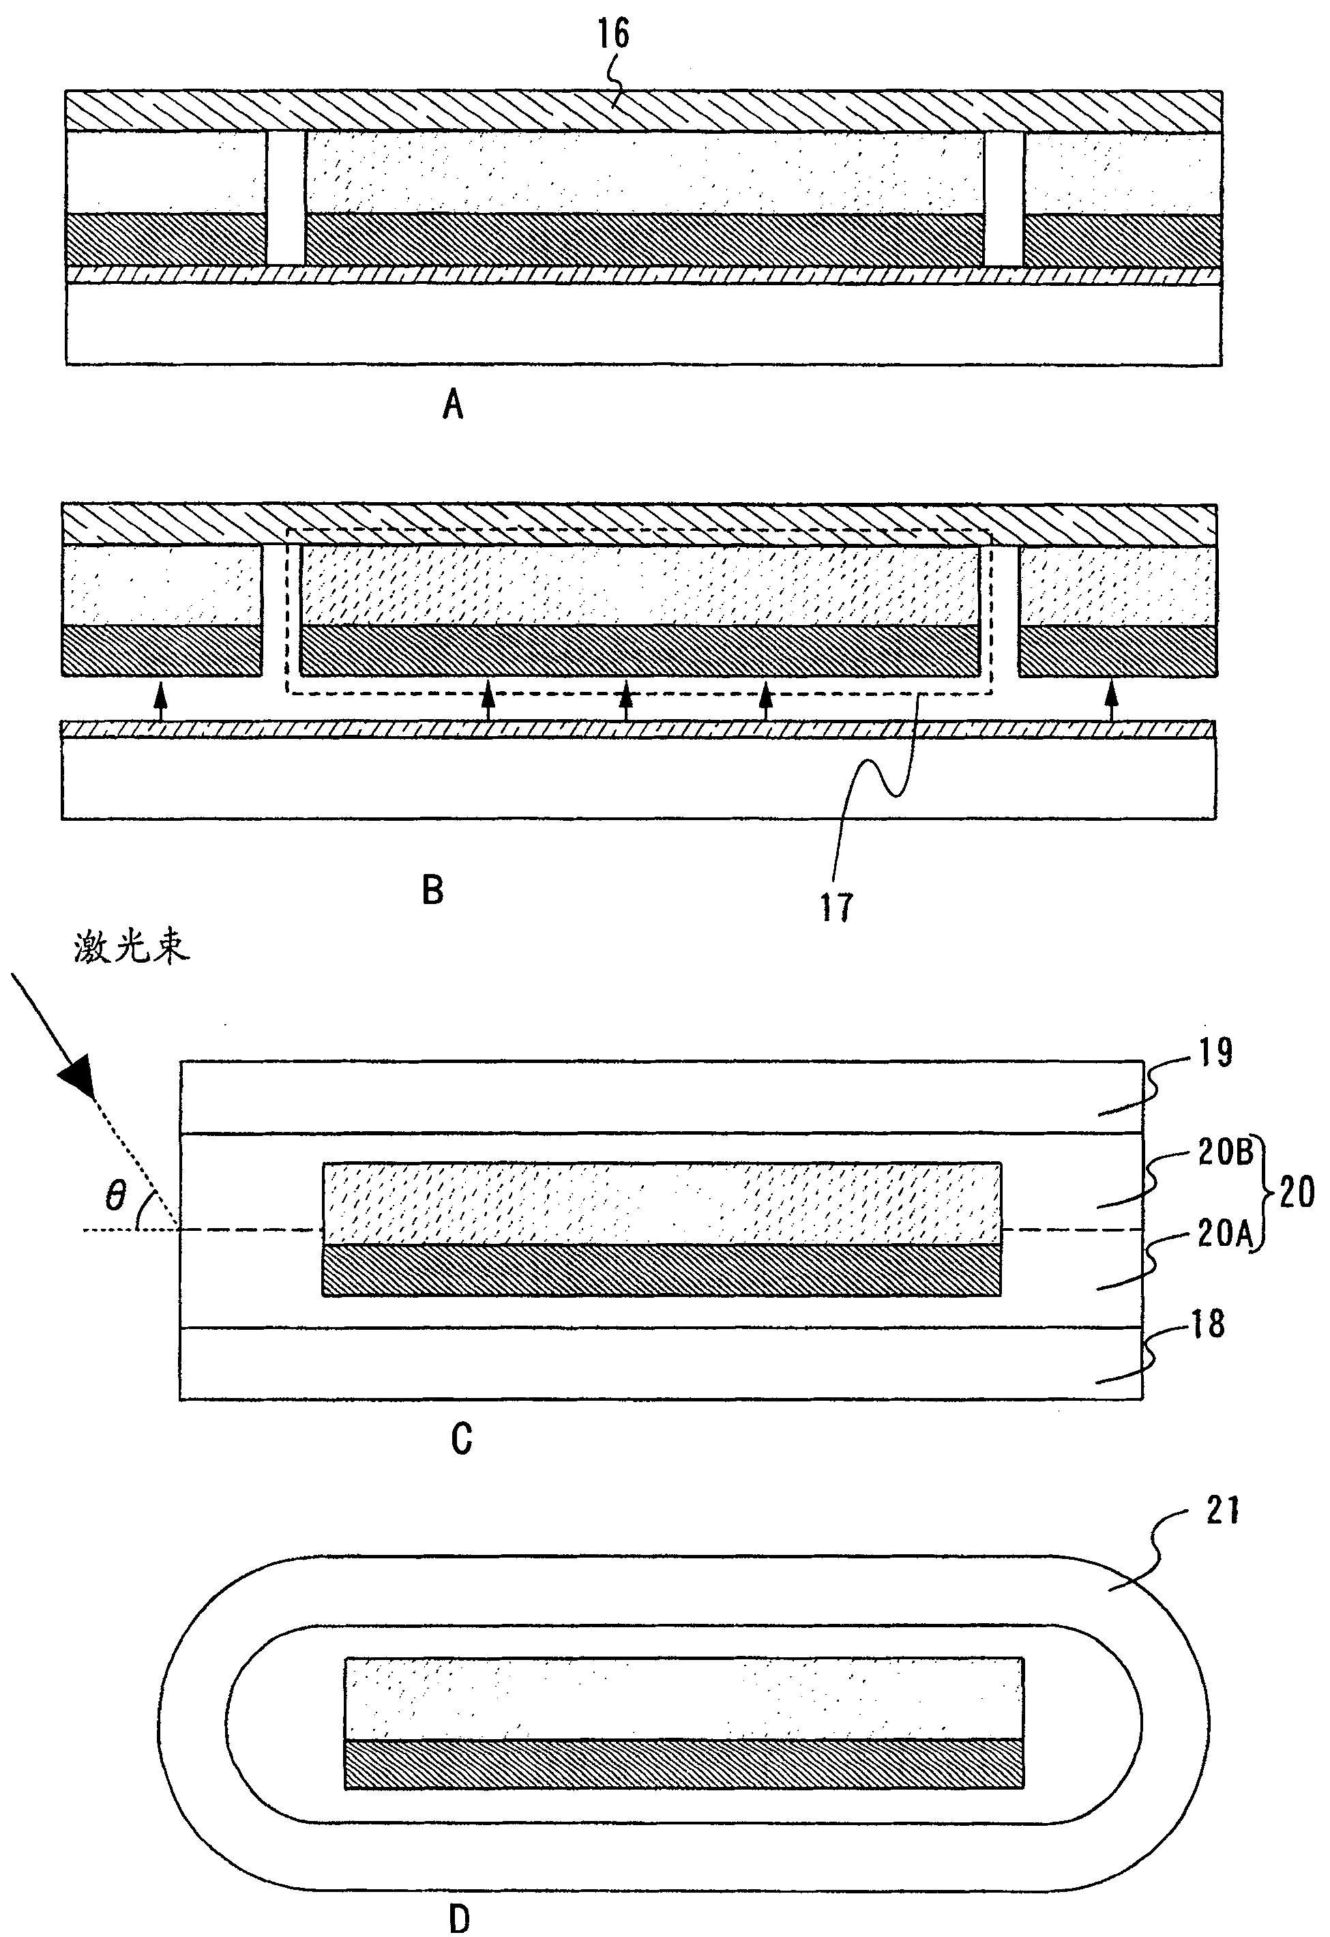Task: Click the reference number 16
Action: tap(613, 34)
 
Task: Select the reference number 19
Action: tap(1216, 1053)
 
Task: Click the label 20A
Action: tap(1225, 1234)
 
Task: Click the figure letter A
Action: tap(452, 405)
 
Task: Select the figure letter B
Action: tap(432, 890)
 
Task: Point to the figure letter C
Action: tap(461, 1440)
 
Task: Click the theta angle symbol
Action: tap(115, 1197)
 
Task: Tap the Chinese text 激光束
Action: tap(132, 948)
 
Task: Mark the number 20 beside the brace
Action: tap(1297, 1192)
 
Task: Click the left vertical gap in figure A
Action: tap(286, 199)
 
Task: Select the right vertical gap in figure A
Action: tap(1003, 199)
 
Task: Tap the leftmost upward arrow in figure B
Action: tap(162, 701)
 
